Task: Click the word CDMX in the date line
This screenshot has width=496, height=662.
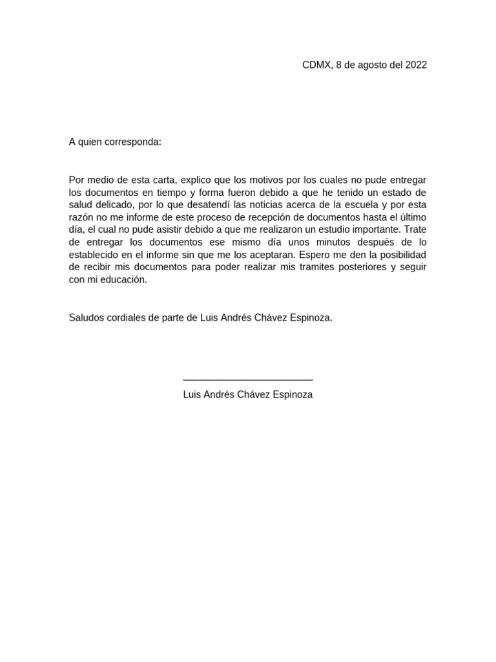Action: click(316, 65)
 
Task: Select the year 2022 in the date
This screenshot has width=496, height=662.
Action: click(416, 65)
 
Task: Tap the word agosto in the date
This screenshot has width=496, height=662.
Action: click(371, 65)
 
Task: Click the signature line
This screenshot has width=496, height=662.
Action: click(248, 380)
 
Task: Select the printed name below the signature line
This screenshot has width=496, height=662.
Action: click(248, 394)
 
